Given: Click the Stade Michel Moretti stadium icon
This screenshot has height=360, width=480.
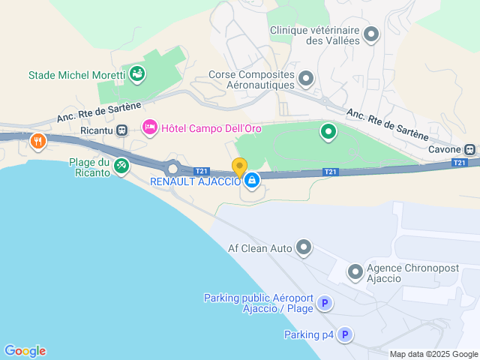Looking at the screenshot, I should pyautogui.click(x=137, y=73).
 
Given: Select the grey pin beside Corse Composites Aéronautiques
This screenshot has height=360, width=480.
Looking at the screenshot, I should pyautogui.click(x=306, y=78).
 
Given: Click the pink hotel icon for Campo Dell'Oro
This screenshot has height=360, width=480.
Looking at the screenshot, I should pyautogui.click(x=149, y=128).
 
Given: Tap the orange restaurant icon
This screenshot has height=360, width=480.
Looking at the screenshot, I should pyautogui.click(x=37, y=140).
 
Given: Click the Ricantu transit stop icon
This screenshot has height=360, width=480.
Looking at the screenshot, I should pyautogui.click(x=121, y=130).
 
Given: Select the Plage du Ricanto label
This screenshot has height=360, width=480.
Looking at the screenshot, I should pyautogui.click(x=89, y=167).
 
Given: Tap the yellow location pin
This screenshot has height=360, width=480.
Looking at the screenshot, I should pyautogui.click(x=239, y=168).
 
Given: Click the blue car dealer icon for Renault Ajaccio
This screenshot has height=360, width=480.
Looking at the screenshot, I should pyautogui.click(x=252, y=180).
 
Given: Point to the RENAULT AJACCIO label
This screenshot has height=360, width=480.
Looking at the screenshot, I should pyautogui.click(x=196, y=181).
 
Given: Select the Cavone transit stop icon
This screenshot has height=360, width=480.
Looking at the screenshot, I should pyautogui.click(x=470, y=148).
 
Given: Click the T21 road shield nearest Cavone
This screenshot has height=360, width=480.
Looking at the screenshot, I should pyautogui.click(x=460, y=162).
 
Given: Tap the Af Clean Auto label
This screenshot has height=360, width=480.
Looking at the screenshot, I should pyautogui.click(x=259, y=247).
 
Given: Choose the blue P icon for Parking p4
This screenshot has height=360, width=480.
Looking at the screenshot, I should pyautogui.click(x=344, y=334).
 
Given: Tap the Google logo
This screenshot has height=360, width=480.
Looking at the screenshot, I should pyautogui.click(x=25, y=350).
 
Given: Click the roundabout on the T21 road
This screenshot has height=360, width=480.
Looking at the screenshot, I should pyautogui.click(x=172, y=167).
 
